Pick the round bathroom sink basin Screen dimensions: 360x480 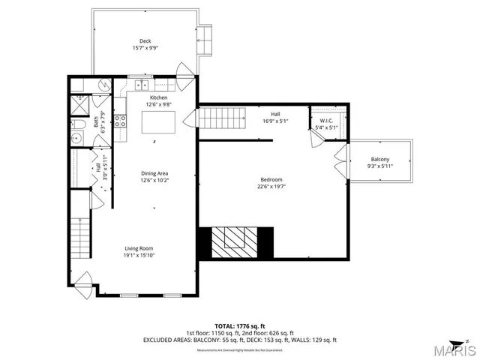point(76,139)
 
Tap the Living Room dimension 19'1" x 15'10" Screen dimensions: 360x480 point(139,255)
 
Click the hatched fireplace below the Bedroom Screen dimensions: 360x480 point(232,242)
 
